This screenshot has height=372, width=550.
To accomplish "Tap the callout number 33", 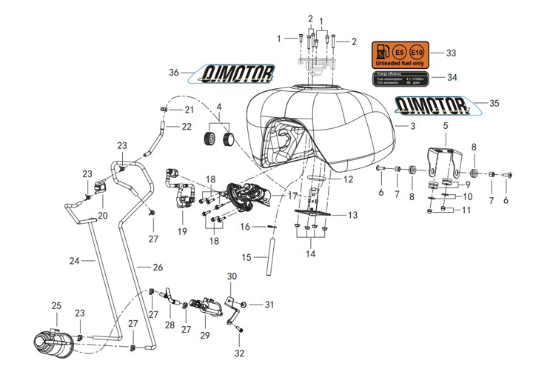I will (x=451, y=53).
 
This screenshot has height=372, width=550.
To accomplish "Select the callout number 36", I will (x=174, y=73).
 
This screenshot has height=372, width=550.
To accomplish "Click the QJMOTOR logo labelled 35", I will (x=433, y=104).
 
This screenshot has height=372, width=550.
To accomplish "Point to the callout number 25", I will (x=56, y=306).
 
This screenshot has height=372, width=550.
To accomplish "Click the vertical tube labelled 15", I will (x=271, y=248).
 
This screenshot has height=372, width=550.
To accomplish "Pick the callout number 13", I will (x=352, y=215).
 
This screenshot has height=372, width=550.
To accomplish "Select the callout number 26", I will (x=157, y=267).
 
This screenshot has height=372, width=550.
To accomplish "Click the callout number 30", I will (x=231, y=276).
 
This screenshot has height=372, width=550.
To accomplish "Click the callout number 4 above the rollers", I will (x=218, y=106).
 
